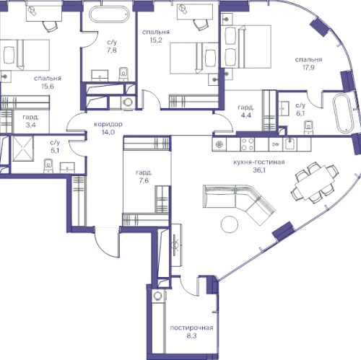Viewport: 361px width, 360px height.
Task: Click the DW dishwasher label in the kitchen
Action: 276,144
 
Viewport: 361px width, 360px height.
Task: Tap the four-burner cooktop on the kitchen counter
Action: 248,144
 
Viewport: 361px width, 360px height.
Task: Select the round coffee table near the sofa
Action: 230,224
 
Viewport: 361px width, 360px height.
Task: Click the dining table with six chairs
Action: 315,183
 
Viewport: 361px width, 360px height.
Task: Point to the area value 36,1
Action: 259,170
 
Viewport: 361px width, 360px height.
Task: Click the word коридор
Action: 108,124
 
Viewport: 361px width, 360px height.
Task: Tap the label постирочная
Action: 191,328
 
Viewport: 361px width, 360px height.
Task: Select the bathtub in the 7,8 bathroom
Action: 109,14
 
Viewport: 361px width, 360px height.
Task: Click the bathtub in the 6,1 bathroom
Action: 343,113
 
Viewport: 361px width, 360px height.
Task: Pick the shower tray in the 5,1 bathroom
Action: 23,149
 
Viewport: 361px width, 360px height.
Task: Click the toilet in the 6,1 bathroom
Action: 309,127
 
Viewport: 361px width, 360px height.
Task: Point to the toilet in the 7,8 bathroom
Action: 123,74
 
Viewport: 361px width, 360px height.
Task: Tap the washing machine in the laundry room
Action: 160,296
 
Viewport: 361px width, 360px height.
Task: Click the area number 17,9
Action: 308,68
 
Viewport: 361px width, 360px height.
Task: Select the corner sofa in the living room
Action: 240,205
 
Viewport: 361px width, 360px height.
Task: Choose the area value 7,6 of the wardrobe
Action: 144,180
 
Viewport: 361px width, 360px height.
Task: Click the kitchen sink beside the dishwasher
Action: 290,144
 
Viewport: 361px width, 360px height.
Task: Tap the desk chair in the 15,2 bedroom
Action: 201,24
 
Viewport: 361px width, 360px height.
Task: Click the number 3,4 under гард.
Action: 30,125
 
